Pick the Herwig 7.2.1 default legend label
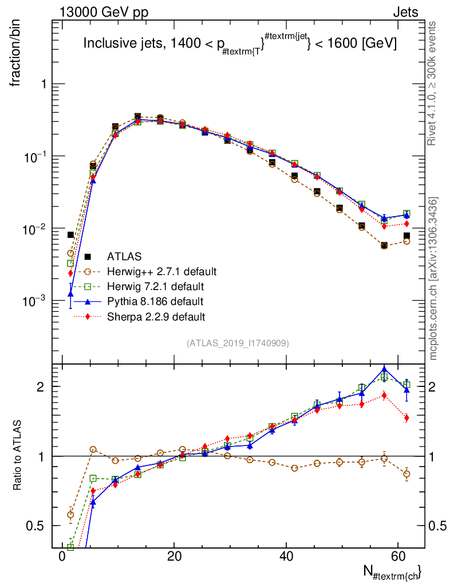tap(156, 286)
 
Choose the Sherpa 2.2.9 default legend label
tap(156, 316)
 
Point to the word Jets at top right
tap(405, 12)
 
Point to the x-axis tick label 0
tap(62, 557)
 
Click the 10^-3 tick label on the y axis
tap(34, 300)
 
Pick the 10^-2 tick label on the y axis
tap(34, 228)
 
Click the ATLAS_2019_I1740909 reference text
tap(238, 343)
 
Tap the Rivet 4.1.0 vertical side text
tap(433, 83)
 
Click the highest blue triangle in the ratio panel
tap(384, 370)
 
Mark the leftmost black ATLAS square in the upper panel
tap(70, 234)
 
